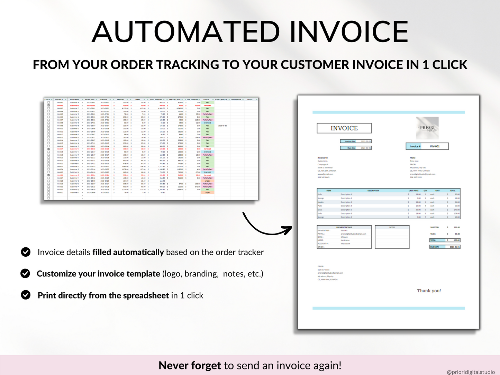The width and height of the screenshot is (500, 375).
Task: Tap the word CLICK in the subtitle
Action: pyautogui.click(x=449, y=65)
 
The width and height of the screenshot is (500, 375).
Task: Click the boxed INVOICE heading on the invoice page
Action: pyautogui.click(x=344, y=128)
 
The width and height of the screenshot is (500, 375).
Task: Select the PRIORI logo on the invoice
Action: pyautogui.click(x=427, y=128)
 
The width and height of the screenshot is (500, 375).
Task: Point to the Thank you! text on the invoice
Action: pyautogui.click(x=429, y=291)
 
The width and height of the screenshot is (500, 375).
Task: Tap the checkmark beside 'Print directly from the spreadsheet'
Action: pyautogui.click(x=26, y=295)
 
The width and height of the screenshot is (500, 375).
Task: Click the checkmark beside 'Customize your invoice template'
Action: pyautogui.click(x=25, y=273)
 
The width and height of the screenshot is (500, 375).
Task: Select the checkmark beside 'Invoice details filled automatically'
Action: pyautogui.click(x=26, y=252)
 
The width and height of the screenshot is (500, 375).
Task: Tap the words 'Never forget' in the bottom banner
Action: pyautogui.click(x=190, y=365)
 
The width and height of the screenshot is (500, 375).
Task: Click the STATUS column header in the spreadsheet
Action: pyautogui.click(x=206, y=100)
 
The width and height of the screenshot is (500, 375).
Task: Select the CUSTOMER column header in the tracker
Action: pyautogui.click(x=74, y=100)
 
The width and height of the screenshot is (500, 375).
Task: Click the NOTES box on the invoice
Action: pyautogui.click(x=392, y=237)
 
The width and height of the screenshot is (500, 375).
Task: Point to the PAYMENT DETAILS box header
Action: pyautogui.click(x=344, y=227)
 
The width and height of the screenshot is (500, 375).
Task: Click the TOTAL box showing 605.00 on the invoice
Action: pyautogui.click(x=445, y=240)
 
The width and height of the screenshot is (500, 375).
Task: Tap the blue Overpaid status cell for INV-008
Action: pyautogui.click(x=208, y=123)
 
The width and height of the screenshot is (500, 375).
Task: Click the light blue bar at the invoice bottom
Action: pyautogui.click(x=388, y=308)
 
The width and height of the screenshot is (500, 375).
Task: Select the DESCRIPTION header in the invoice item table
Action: pyautogui.click(x=373, y=191)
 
